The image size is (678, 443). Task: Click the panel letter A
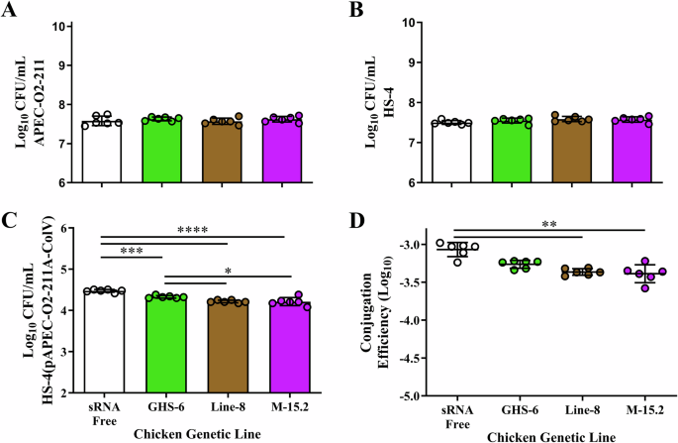(x=9, y=11)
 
